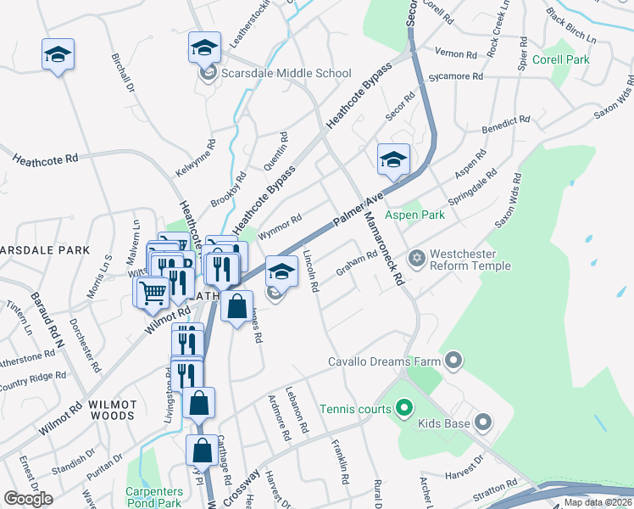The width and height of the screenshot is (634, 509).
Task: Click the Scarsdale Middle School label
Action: click(286, 74)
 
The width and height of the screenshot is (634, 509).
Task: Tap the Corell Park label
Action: click(560, 60)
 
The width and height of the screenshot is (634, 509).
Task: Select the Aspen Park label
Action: click(415, 215)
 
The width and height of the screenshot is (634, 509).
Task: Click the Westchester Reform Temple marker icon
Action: click(416, 257)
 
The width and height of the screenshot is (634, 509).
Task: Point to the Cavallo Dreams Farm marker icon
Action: click(453, 362)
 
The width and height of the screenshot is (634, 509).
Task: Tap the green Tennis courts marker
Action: click(403, 409)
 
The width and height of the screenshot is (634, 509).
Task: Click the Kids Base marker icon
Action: click(483, 422)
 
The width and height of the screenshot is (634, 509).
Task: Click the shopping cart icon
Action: click(153, 292)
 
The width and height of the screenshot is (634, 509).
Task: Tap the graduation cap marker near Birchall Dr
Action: click(58, 54)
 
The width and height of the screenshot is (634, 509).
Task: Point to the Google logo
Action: click(29, 499)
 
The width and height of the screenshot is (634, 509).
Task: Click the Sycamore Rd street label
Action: click(456, 76)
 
